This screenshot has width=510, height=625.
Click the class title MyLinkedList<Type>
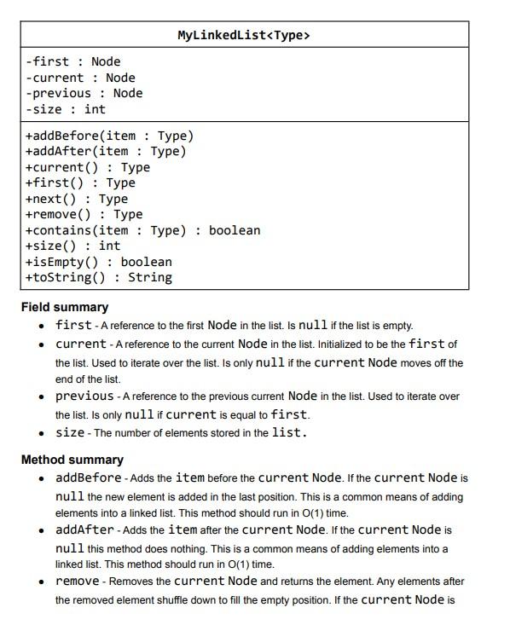(x=244, y=35)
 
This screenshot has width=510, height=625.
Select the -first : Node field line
(x=73, y=61)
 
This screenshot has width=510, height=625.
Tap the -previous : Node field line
(x=84, y=93)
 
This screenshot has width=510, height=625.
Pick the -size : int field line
(x=66, y=109)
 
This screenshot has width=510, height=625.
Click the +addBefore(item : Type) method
(x=110, y=136)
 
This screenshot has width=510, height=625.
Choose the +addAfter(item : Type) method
(x=106, y=151)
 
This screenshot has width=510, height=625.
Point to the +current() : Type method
(x=88, y=167)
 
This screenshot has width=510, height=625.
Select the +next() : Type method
(x=77, y=199)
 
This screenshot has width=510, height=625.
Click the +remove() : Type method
(x=84, y=214)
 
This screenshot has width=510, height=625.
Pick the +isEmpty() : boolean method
(x=99, y=262)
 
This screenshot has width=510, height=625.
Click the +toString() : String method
(x=99, y=277)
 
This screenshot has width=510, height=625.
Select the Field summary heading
(x=65, y=307)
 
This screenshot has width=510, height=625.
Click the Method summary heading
(x=72, y=460)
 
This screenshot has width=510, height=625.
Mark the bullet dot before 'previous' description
(x=42, y=396)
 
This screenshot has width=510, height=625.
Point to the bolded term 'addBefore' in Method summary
(x=88, y=477)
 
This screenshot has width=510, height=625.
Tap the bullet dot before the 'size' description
(x=42, y=433)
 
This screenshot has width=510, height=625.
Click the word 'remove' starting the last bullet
(x=77, y=581)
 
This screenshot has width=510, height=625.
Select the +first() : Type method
(x=80, y=182)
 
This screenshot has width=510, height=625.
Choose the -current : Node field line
(x=81, y=78)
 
